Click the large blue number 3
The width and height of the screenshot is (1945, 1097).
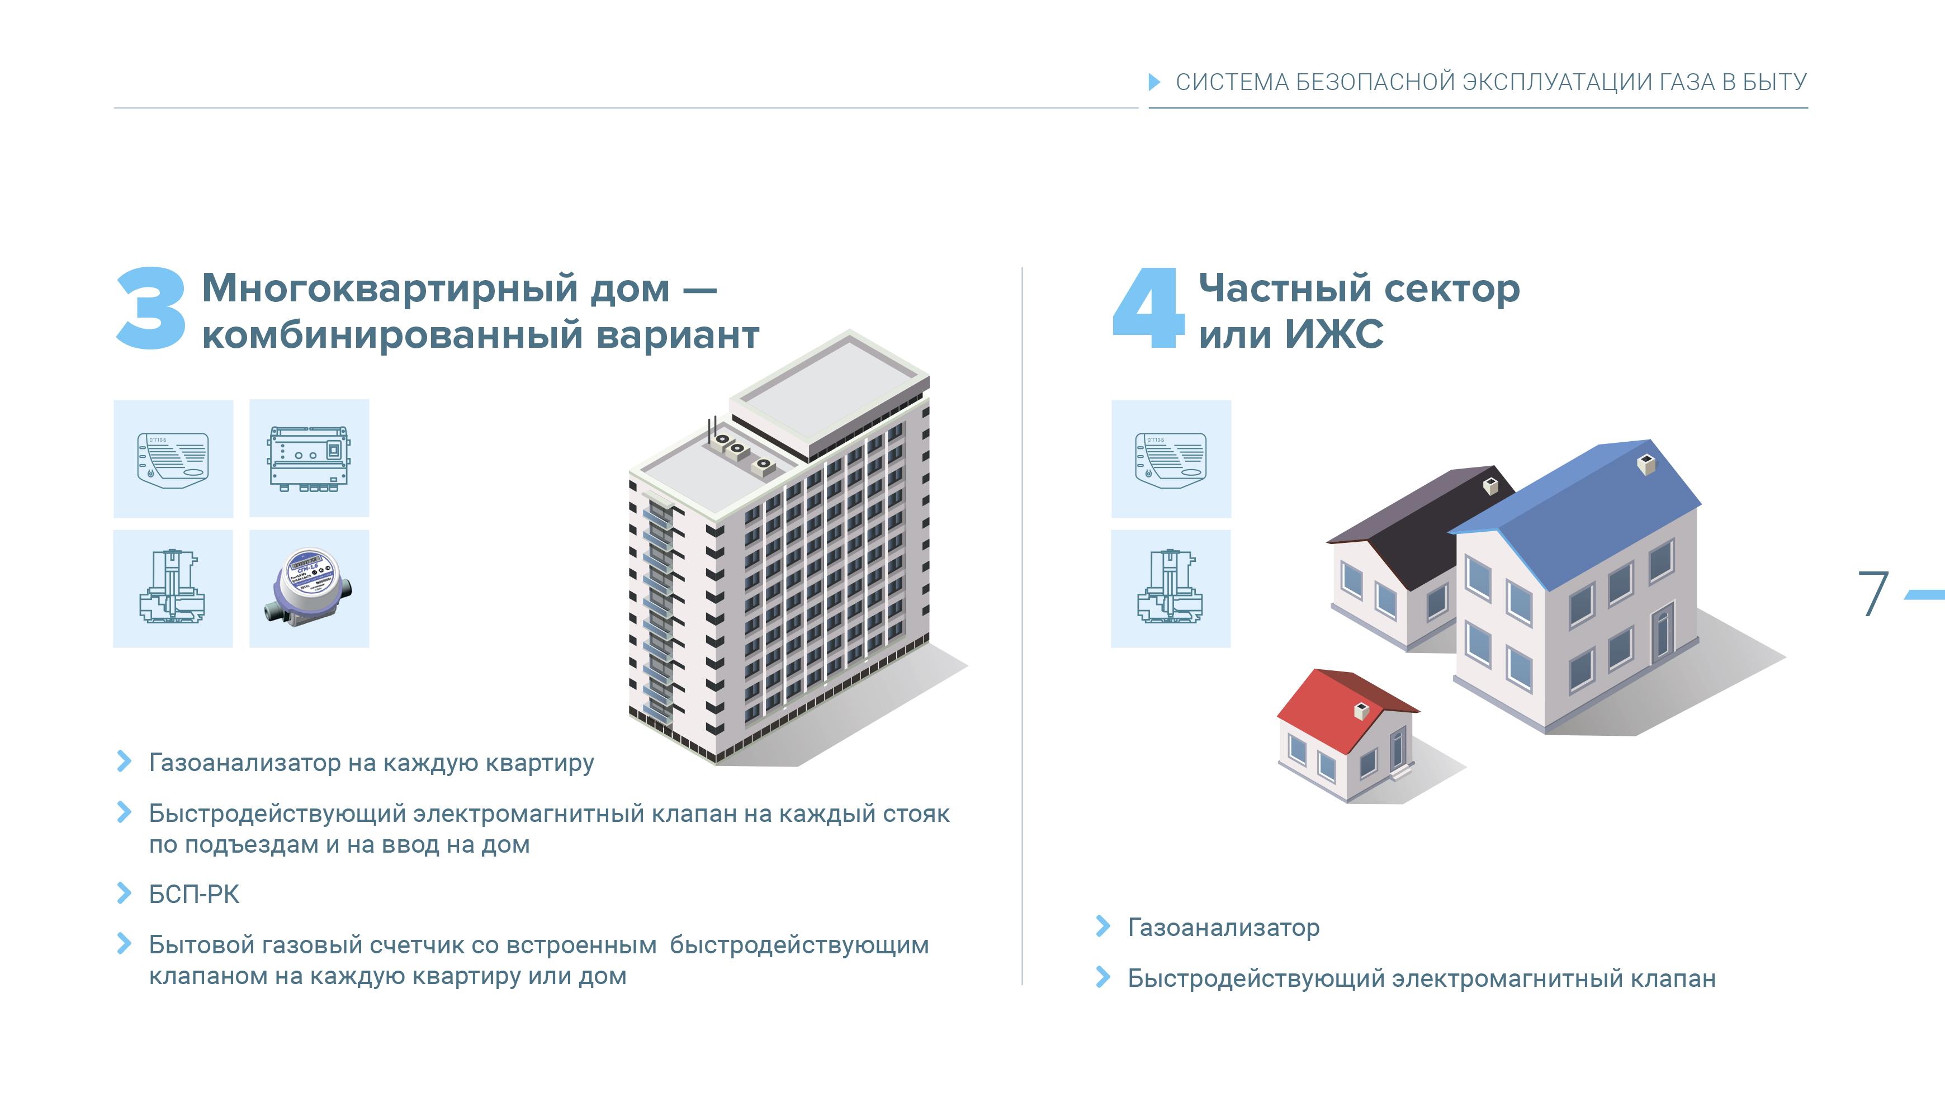151,309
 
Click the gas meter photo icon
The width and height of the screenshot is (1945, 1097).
309,588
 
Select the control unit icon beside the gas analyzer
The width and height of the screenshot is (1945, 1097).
309,458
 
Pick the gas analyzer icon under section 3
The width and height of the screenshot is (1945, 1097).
173,459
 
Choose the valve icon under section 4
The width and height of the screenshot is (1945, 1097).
1170,589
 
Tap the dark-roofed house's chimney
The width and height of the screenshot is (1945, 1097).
1490,486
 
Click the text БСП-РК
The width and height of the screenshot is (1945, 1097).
194,894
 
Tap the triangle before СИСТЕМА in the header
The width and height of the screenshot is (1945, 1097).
1154,82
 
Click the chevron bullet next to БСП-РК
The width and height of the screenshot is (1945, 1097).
125,893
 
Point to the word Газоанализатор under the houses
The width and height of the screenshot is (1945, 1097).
1223,927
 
